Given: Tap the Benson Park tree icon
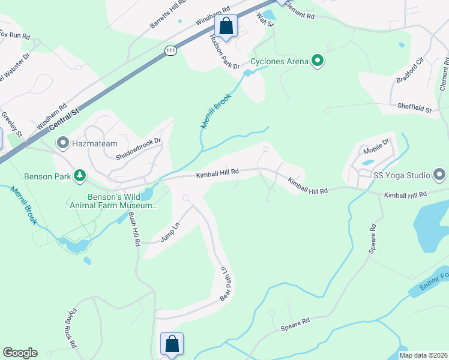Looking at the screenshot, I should (79, 176).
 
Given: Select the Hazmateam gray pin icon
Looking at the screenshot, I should (62, 143).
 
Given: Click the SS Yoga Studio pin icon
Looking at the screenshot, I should (439, 175).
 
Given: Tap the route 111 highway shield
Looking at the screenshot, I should (171, 52).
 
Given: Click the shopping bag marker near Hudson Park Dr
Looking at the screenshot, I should (226, 26).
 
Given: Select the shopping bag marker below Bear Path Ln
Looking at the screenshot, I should (172, 344).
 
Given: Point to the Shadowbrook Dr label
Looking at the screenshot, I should (139, 148).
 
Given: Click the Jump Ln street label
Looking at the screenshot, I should (170, 232).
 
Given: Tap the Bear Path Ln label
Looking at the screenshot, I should (225, 284).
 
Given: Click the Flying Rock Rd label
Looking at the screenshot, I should (70, 329).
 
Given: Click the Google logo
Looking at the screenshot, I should (20, 353).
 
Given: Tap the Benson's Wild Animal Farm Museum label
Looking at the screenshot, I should (113, 200).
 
